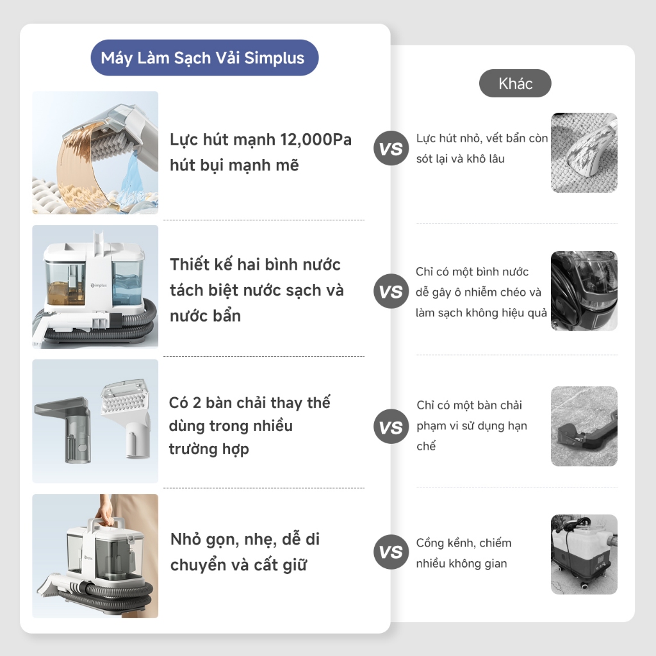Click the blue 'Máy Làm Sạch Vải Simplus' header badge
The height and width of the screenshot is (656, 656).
(204, 58)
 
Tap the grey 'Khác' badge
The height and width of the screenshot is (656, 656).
(515, 83)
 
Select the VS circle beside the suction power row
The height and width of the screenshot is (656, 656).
(391, 148)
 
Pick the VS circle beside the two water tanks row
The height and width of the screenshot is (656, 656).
(391, 291)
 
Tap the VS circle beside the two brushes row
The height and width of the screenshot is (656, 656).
(391, 427)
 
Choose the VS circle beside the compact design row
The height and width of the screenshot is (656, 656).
(391, 552)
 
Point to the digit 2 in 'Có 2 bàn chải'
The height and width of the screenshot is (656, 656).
(197, 403)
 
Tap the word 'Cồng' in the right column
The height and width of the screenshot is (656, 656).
(429, 543)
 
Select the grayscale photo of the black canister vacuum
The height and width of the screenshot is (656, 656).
(584, 291)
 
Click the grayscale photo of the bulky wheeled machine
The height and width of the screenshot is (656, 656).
(584, 554)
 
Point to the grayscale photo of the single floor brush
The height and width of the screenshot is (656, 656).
(584, 426)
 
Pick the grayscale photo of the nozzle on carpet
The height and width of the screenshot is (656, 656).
(584, 152)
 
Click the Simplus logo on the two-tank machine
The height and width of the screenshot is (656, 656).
(99, 285)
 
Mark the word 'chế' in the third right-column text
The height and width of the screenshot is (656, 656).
(426, 446)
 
